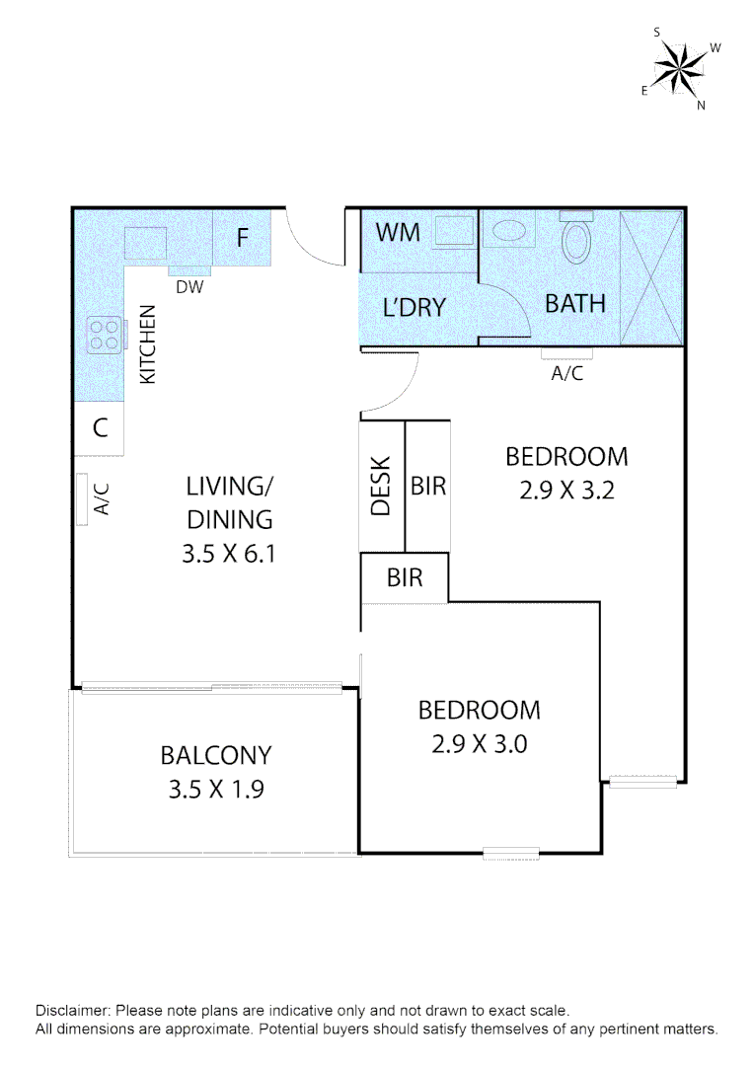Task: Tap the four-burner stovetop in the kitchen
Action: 103,336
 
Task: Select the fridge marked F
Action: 242,238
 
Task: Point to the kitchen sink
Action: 146,243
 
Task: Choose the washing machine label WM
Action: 399,233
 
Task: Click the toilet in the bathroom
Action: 574,240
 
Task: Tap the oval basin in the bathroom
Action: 509,233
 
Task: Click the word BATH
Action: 575,303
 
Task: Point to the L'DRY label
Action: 415,308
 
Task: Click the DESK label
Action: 382,486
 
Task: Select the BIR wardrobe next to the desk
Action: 428,486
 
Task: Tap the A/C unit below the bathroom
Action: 566,353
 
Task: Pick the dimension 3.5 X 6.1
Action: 227,555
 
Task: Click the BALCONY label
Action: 215,756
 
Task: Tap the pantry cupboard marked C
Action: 100,428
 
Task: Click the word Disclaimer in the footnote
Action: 73,1011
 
